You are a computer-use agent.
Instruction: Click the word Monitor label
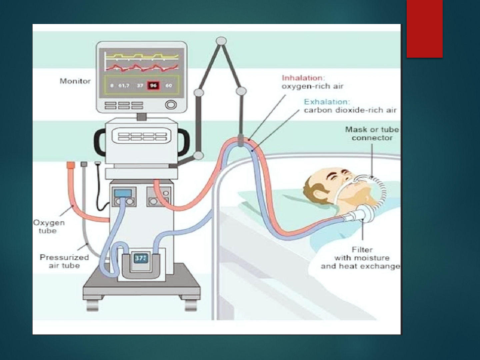tap(75, 81)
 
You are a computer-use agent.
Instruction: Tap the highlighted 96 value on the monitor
tap(153, 85)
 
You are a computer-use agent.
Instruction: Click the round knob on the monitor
tap(171, 105)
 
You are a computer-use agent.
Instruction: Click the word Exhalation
tap(327, 102)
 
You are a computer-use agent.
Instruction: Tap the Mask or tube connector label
tap(372, 134)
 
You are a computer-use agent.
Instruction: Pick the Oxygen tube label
tap(49, 227)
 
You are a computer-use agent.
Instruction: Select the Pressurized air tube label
tap(64, 261)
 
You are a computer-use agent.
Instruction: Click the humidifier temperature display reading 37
tap(140, 258)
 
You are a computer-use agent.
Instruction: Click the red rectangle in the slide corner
tap(424, 29)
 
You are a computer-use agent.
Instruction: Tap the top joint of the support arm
tap(221, 41)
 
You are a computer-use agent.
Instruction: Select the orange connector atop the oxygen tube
tap(71, 165)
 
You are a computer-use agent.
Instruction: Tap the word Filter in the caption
tap(362, 250)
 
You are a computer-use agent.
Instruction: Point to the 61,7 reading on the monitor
tap(124, 86)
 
